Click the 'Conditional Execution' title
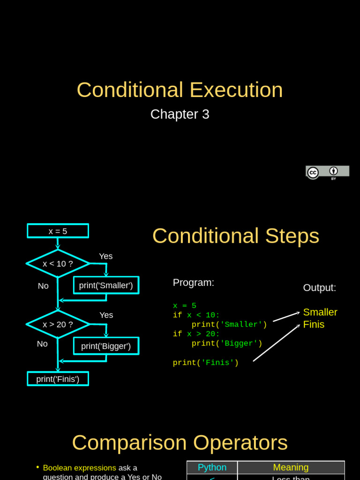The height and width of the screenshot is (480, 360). [180, 90]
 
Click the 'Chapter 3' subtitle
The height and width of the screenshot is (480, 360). [180, 114]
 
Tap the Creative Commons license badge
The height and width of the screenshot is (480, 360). [327, 172]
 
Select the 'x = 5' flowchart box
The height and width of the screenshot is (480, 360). [58, 231]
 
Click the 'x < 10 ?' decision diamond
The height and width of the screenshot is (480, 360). [58, 263]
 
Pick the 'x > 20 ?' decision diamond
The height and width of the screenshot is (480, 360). [58, 324]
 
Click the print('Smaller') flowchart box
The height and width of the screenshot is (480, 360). [106, 285]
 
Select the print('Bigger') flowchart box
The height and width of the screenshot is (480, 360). [106, 346]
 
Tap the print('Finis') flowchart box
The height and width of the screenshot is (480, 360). [58, 379]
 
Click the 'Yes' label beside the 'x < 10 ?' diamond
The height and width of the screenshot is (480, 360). [106, 256]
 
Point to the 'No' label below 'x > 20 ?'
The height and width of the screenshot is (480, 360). [42, 344]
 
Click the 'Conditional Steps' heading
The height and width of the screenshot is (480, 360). [235, 236]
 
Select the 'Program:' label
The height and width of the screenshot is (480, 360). [193, 283]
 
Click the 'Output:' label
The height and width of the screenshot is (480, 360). [319, 288]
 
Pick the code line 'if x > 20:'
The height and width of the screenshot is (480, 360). [196, 334]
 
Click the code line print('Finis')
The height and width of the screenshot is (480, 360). [205, 363]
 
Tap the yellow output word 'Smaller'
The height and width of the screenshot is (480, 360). [320, 312]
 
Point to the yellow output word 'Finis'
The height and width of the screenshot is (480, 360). [314, 324]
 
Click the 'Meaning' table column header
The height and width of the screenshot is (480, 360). [291, 467]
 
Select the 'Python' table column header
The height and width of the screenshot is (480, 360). [212, 467]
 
